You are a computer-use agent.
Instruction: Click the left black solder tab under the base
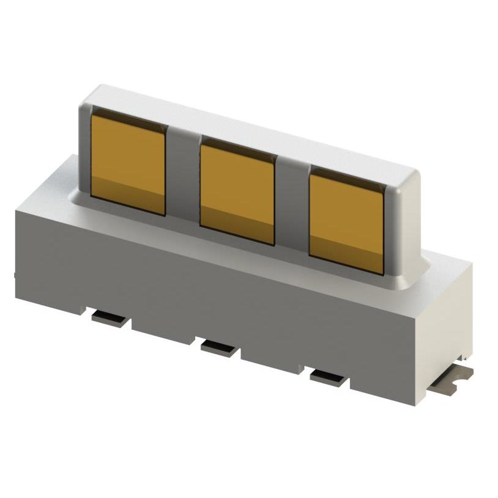tap(110, 318)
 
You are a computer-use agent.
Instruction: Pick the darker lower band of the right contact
tap(346, 255)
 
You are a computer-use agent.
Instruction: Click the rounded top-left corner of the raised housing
tap(89, 98)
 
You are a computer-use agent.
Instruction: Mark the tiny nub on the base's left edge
tap(15, 275)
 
